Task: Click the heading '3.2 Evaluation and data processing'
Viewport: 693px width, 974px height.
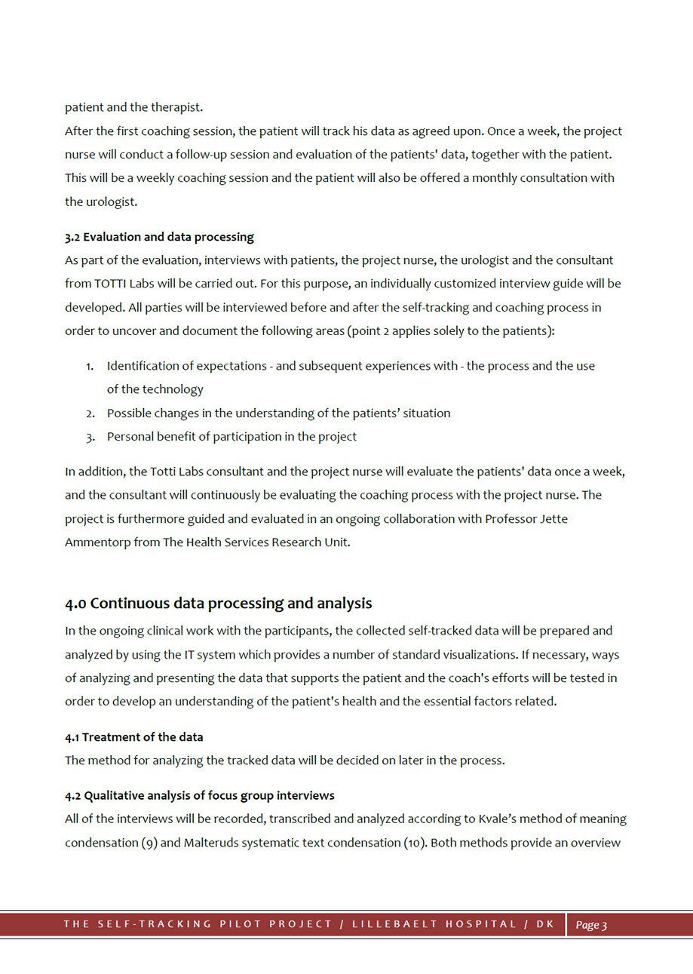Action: tap(159, 237)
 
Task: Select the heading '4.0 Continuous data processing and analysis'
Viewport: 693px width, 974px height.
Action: tap(219, 604)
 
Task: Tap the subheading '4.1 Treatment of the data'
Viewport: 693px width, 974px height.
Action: tap(134, 736)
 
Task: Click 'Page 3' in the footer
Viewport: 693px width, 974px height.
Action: tap(591, 925)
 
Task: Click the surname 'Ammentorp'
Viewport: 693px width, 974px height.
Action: tap(97, 542)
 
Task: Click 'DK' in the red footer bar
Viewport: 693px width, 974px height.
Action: tap(545, 925)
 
